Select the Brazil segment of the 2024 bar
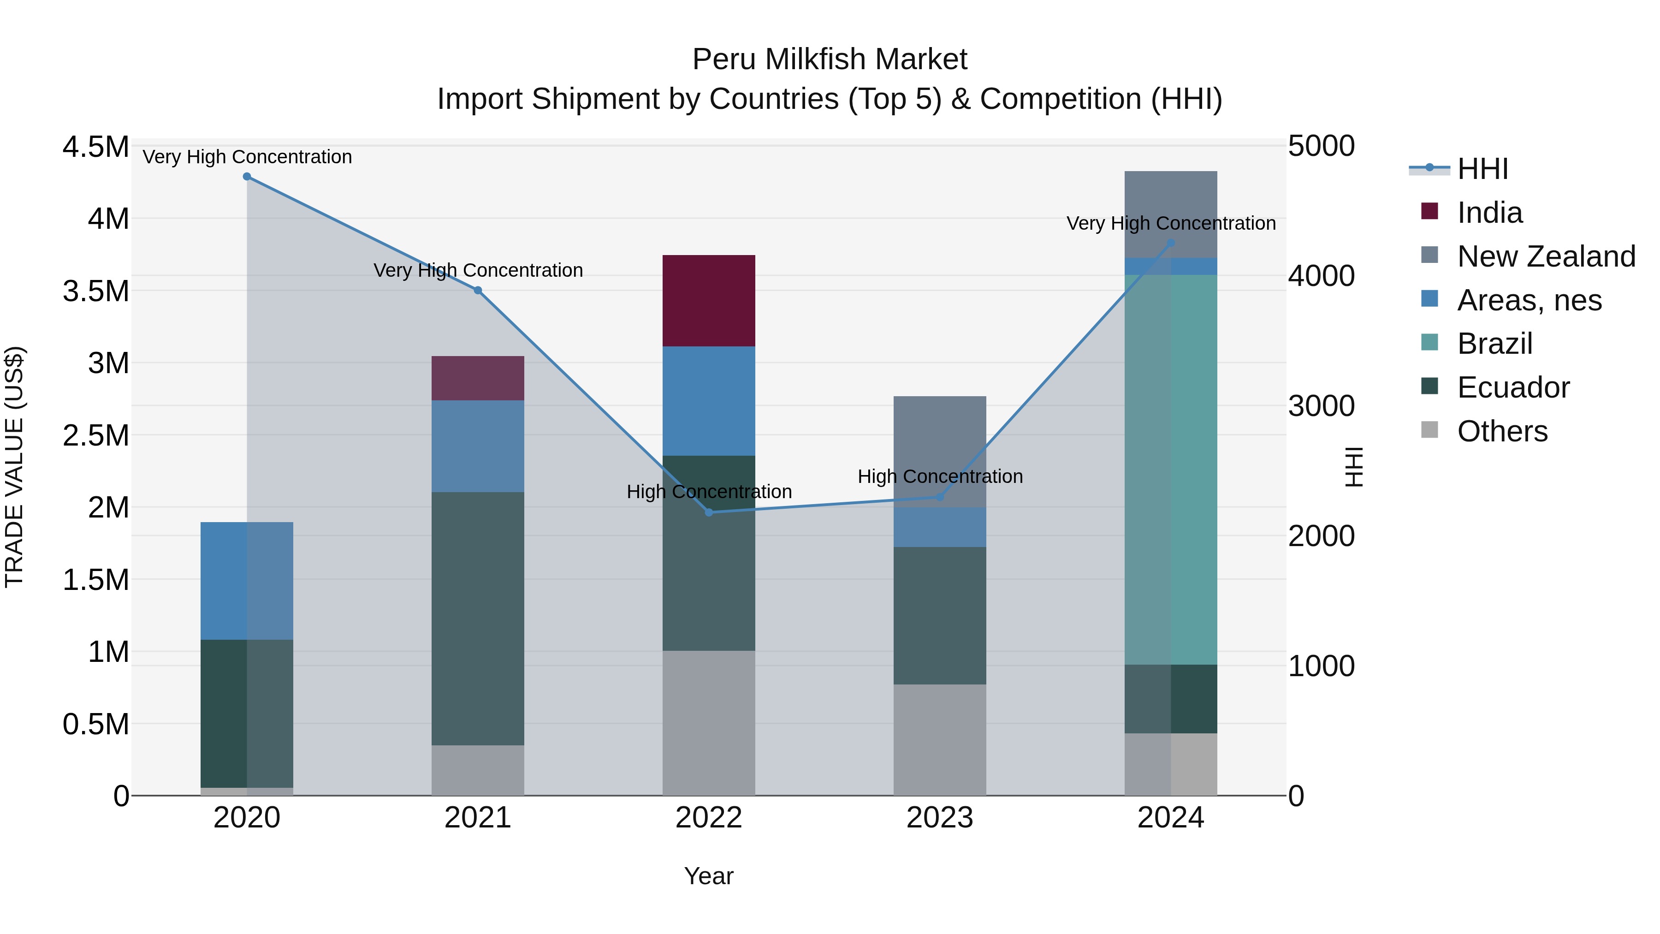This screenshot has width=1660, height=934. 1170,469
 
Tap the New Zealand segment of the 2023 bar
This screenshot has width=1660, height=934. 940,451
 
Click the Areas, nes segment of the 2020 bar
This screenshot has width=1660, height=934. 247,580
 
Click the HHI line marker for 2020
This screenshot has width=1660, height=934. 247,177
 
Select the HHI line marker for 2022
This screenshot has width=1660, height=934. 709,512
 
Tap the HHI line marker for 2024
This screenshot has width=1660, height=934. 1171,243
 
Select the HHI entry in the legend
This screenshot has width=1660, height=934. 1482,169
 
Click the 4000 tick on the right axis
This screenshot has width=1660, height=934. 1321,276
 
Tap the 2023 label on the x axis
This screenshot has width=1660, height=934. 940,818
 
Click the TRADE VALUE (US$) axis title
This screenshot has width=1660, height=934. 14,467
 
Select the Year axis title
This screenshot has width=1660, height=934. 708,876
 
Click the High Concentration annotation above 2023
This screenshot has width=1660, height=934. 940,476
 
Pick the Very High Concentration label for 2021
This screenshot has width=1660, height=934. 478,270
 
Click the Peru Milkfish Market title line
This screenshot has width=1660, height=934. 830,59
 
